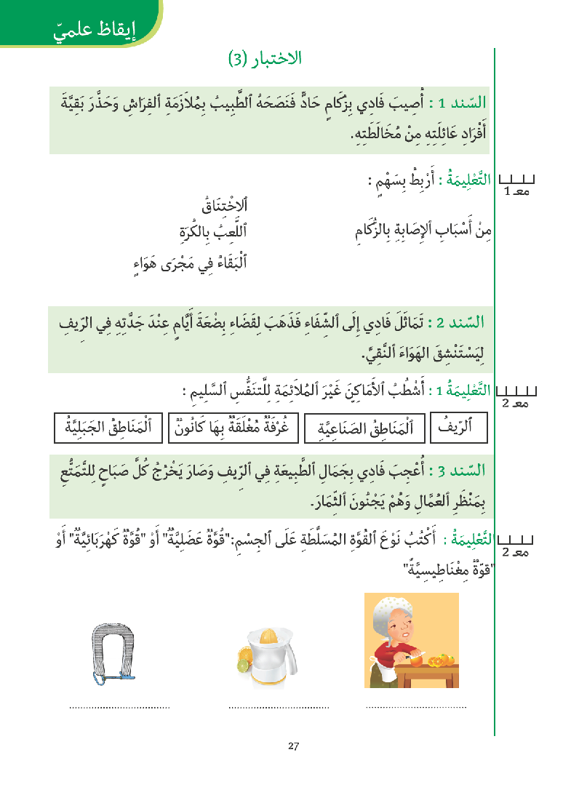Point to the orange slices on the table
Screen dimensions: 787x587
coord(439,660)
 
